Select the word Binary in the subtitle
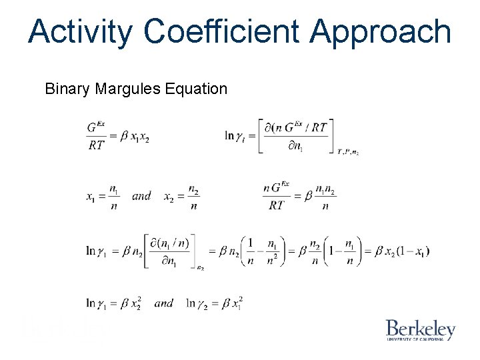[x=65, y=89]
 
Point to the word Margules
[x=129, y=89]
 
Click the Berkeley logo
[x=420, y=330]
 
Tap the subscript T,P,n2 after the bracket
[x=347, y=153]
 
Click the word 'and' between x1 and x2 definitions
[x=141, y=196]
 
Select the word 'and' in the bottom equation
[x=163, y=303]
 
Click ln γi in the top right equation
[x=237, y=136]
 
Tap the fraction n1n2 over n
[x=325, y=197]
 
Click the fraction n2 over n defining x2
[x=193, y=197]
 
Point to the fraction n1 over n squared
[x=272, y=251]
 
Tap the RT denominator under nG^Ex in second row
[x=279, y=206]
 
